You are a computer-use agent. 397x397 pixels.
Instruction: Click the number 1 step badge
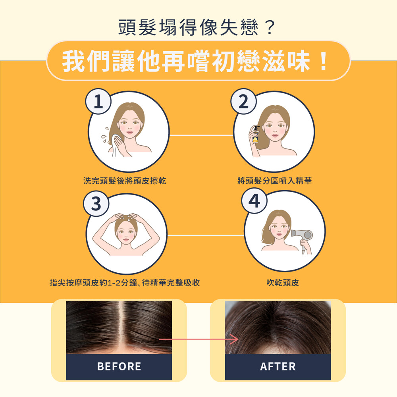(x=98, y=101)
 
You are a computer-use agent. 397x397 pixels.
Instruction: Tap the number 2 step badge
(x=244, y=101)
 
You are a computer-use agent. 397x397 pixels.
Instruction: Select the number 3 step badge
(x=96, y=203)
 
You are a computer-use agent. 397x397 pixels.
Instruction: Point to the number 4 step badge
(x=254, y=201)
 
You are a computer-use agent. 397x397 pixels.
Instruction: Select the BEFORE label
(x=119, y=366)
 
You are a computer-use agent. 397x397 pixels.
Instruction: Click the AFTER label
(x=278, y=366)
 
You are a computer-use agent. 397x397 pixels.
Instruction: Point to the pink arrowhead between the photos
(x=234, y=339)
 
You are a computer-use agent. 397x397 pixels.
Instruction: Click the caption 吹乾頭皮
(x=283, y=283)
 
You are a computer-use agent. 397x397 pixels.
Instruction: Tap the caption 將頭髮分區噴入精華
(x=274, y=181)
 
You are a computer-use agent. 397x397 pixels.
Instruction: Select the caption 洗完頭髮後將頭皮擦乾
(x=125, y=181)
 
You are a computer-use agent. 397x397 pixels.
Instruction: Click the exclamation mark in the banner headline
(x=323, y=61)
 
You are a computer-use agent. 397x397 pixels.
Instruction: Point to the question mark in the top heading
(x=270, y=27)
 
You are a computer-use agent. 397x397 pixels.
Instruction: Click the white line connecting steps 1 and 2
(x=201, y=135)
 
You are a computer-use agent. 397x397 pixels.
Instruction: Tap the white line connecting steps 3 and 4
(x=206, y=235)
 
